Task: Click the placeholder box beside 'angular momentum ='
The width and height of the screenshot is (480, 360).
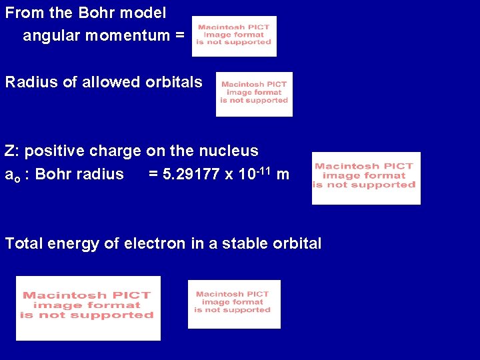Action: click(234, 37)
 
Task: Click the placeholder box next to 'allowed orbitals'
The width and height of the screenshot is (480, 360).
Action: click(254, 94)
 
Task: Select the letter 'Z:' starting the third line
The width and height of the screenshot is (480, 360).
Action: click(12, 151)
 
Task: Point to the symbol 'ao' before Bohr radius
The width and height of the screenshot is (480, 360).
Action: click(11, 175)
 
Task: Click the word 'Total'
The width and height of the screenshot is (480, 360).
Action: click(24, 244)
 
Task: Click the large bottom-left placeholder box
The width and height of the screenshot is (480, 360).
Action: click(88, 307)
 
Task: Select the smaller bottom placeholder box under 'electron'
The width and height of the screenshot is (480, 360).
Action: click(234, 304)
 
